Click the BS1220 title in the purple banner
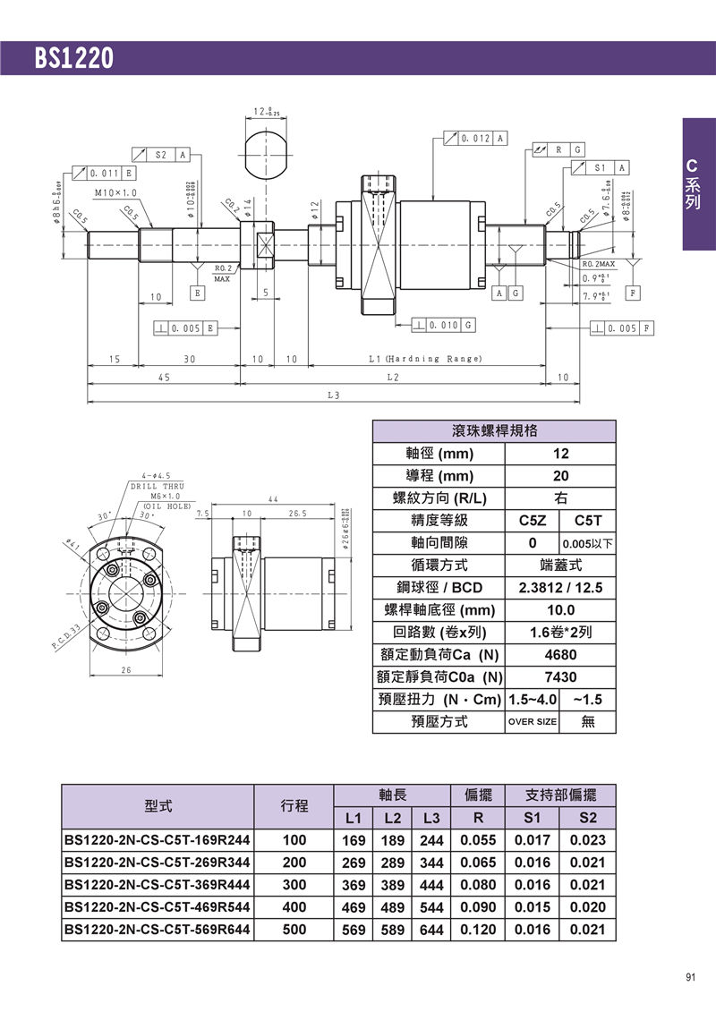pos(75,58)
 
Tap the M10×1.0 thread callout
pos(115,192)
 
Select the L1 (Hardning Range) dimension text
pos(425,359)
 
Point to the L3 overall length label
pos(333,395)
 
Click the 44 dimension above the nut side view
pos(274,498)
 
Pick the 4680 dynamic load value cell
pos(560,655)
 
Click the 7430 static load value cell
pos(560,677)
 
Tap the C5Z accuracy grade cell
pos(533,521)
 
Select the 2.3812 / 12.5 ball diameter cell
pos(560,588)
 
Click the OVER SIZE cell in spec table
pos(533,722)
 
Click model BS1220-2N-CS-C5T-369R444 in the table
pos(158,885)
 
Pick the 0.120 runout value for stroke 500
pos(479,930)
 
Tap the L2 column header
pos(393,818)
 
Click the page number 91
pos(690,977)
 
